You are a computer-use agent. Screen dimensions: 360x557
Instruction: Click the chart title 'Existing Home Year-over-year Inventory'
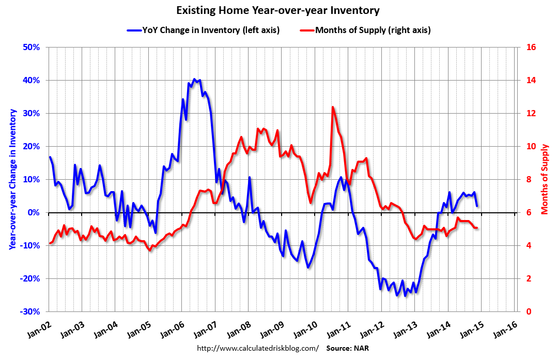(278, 10)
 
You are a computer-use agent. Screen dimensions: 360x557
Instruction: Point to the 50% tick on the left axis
(31, 48)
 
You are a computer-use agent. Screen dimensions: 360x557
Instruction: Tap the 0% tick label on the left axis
(34, 213)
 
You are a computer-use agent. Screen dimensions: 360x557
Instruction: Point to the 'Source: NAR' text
(347, 348)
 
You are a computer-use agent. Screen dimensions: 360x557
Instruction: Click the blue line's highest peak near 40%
(194, 79)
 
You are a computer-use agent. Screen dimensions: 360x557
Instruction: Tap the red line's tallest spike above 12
(332, 107)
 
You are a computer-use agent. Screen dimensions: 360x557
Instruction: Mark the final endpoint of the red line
(476, 228)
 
